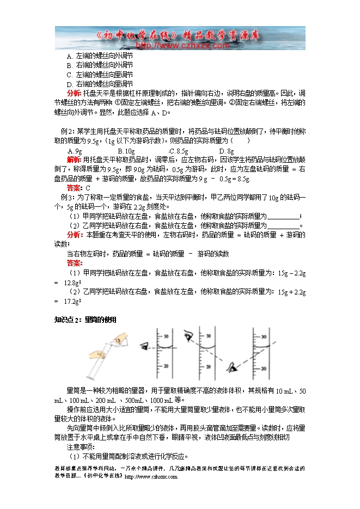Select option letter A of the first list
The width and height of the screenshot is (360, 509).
[69, 56]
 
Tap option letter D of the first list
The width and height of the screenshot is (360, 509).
[69, 84]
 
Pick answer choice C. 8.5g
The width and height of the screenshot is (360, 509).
[178, 151]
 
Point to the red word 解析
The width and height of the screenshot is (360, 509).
[74, 160]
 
